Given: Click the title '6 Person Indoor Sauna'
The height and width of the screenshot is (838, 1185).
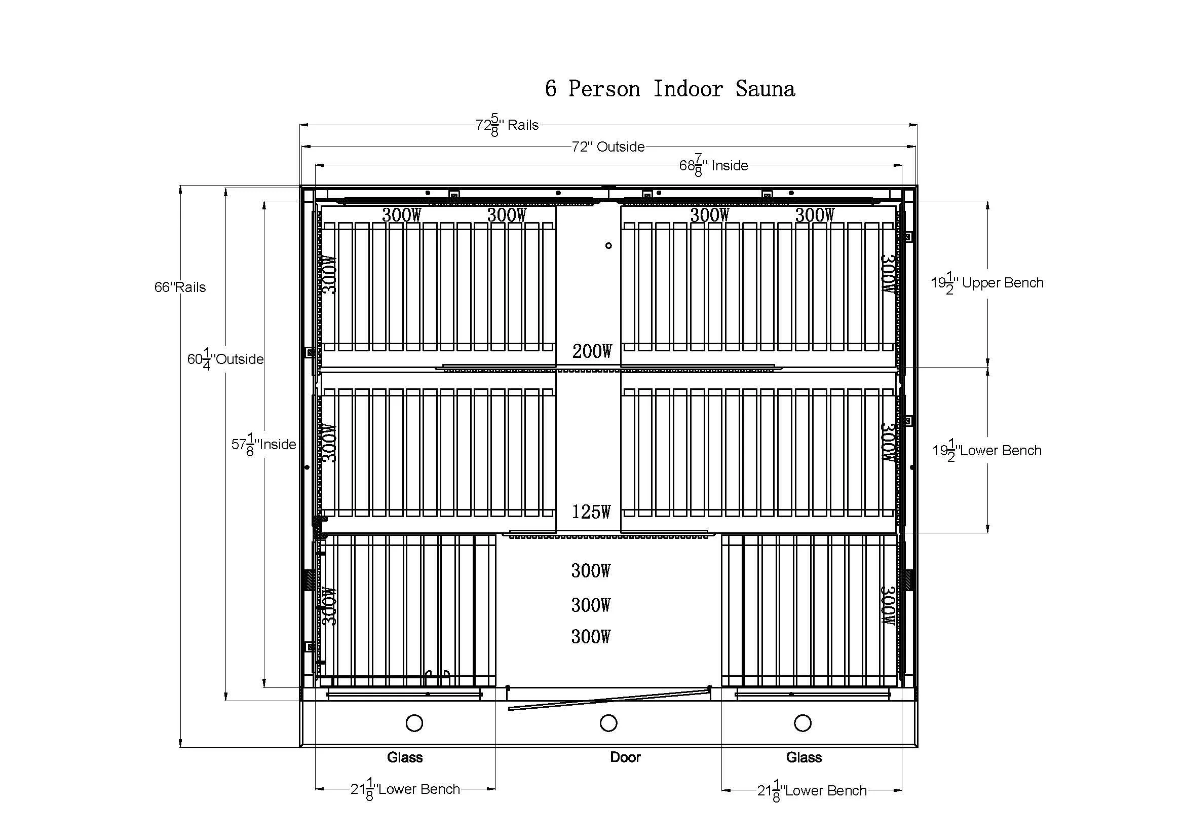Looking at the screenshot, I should (669, 89).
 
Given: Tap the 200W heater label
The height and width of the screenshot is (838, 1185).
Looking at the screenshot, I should (592, 352).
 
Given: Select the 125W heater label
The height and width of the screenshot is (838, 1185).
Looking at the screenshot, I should (591, 512).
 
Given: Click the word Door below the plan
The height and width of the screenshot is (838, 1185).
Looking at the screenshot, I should (625, 757).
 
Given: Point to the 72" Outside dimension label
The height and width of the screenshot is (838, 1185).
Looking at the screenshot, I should (608, 147).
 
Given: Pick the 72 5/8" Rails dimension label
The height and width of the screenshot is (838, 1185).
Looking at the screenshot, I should (507, 125).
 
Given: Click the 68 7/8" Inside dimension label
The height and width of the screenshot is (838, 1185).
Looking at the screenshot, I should (713, 166).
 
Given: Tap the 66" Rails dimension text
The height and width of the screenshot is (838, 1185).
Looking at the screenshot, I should (180, 287).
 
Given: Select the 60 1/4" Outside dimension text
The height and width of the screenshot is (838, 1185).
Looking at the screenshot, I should (225, 359).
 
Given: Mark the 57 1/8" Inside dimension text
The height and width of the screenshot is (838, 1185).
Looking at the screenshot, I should (264, 445).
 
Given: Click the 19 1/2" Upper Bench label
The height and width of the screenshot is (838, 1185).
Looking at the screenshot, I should (987, 283).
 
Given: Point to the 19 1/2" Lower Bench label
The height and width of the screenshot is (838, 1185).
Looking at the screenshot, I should (987, 451).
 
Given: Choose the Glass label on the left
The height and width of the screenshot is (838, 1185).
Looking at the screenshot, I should (405, 757).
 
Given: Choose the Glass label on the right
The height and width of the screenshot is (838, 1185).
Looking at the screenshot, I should (804, 757).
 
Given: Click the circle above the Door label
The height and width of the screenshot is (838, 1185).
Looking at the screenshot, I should (608, 723).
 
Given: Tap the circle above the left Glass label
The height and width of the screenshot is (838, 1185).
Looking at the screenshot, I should (414, 723).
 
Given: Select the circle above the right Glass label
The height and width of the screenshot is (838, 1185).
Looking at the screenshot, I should (802, 723).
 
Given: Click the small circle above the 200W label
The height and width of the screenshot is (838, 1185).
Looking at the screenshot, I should (608, 246).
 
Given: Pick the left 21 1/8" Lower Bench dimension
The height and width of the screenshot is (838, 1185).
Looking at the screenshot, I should (405, 789).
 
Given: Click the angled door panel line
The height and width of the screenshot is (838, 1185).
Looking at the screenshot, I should (609, 700).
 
